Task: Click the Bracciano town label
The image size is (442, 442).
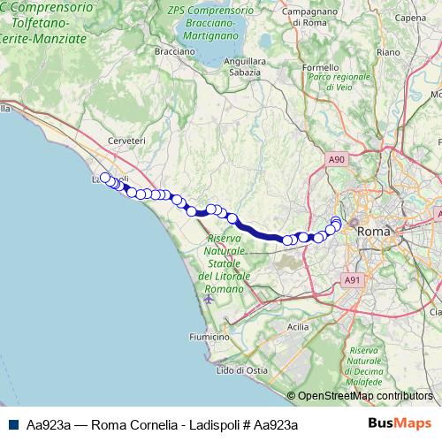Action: click(x=174, y=51)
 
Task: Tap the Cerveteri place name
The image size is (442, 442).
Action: click(x=126, y=141)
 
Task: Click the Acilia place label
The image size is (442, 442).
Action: click(x=298, y=326)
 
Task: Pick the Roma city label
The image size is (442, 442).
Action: click(x=371, y=231)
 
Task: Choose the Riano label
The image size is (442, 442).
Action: click(x=388, y=52)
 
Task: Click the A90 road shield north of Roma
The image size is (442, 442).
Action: click(x=335, y=159)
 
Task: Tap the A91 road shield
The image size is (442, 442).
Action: click(x=352, y=280)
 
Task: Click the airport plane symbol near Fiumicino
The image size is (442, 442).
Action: click(x=209, y=298)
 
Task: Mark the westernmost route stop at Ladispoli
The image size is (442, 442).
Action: click(x=105, y=178)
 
